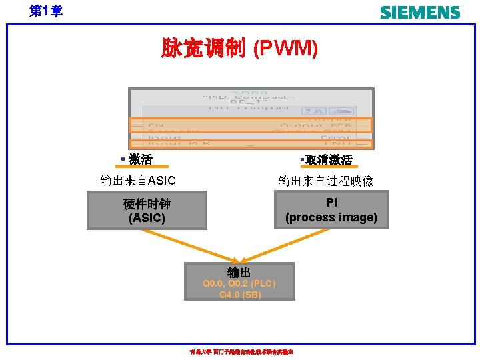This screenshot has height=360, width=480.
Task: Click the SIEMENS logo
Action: (419, 12)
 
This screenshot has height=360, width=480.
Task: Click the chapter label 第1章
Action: (46, 11)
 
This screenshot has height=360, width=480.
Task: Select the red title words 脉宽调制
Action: (203, 48)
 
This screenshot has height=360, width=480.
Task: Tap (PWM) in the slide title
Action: (285, 48)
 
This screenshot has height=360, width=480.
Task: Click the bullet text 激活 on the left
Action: (141, 159)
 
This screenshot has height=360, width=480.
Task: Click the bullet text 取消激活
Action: (328, 160)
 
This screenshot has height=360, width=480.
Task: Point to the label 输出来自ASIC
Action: (138, 180)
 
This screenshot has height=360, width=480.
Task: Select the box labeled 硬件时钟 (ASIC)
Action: (147, 211)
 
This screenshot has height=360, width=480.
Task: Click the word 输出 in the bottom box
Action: (239, 272)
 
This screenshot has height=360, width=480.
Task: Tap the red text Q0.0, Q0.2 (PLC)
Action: (239, 284)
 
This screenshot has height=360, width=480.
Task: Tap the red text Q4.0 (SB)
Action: (240, 294)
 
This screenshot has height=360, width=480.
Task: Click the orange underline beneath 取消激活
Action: (327, 167)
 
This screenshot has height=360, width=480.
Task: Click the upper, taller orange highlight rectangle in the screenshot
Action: (250, 125)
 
